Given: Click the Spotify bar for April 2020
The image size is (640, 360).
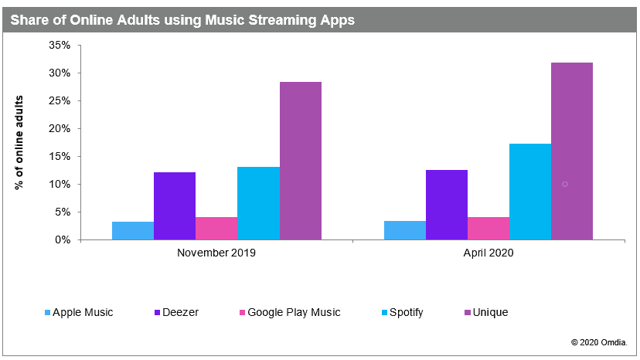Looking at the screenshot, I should (530, 192).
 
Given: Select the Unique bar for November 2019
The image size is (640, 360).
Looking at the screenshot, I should (301, 161).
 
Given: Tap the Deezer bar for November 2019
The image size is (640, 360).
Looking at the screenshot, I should (175, 205).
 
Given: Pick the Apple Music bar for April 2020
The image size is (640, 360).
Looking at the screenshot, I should (405, 230).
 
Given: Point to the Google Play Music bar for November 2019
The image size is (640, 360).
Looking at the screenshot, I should (216, 228).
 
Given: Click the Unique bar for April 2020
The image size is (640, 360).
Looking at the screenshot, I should (572, 151).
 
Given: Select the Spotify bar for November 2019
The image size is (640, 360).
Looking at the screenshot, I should (258, 203).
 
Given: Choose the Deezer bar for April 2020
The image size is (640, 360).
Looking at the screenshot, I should (447, 205).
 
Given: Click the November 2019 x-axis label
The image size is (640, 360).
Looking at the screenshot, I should (216, 253).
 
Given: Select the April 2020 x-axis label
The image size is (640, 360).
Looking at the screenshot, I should (489, 253).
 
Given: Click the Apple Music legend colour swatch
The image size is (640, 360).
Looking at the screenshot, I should (47, 313).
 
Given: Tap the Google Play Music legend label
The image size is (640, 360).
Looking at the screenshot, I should (294, 313).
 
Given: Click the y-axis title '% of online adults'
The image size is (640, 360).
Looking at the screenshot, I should (19, 143).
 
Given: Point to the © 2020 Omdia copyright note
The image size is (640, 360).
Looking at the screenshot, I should (600, 341).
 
